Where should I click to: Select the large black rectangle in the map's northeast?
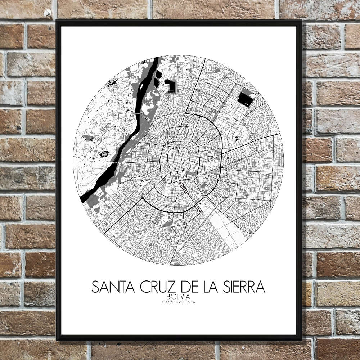pyautogui.click(x=246, y=98)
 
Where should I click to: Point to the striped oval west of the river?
pyautogui.click(x=104, y=154)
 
